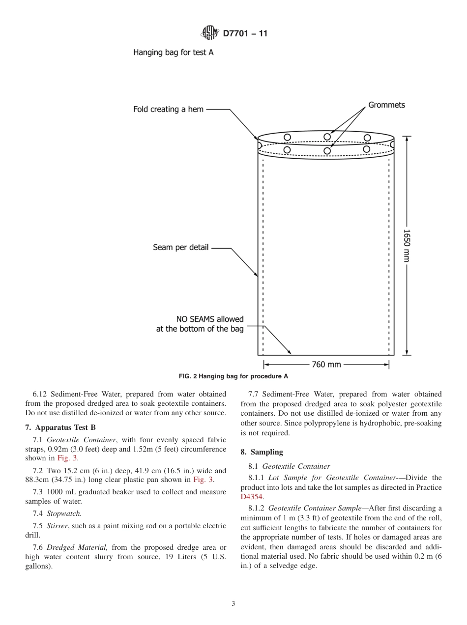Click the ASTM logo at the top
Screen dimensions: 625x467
pyautogui.click(x=210, y=33)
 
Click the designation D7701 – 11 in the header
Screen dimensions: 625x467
pyautogui.click(x=245, y=34)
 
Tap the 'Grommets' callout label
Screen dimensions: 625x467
pyautogui.click(x=386, y=105)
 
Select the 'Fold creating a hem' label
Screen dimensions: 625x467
pyautogui.click(x=168, y=109)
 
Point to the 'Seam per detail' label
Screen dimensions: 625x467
pyautogui.click(x=180, y=248)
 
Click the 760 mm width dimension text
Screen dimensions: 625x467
pyautogui.click(x=326, y=365)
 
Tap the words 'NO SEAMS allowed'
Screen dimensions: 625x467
pyautogui.click(x=210, y=319)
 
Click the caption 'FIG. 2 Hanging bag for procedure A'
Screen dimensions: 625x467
pyautogui.click(x=233, y=376)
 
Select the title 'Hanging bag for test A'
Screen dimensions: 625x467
pyautogui.click(x=173, y=52)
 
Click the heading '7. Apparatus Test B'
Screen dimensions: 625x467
pyautogui.click(x=60, y=427)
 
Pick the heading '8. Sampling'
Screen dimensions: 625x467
pyautogui.click(x=262, y=452)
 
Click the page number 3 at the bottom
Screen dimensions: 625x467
pyautogui.click(x=233, y=603)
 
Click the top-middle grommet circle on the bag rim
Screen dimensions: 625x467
pyautogui.click(x=327, y=136)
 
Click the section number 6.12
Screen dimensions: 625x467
pyautogui.click(x=40, y=394)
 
